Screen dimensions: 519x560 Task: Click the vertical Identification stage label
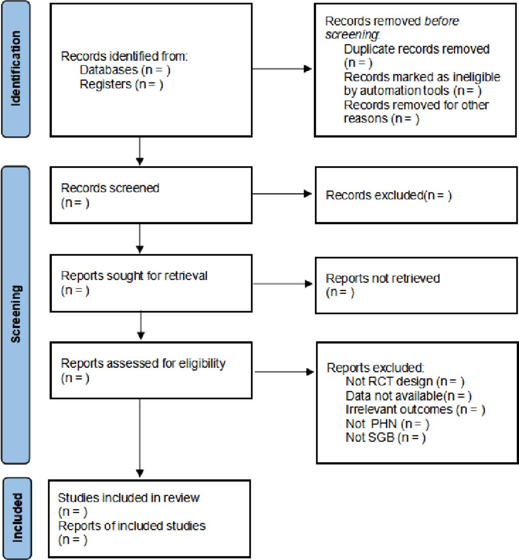[15, 69]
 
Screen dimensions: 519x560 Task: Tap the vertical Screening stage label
[15, 314]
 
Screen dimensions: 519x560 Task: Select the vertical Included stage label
[17, 518]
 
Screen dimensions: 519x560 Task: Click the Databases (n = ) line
[125, 70]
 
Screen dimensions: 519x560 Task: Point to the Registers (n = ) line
[121, 84]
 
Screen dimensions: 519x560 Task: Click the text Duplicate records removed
[417, 49]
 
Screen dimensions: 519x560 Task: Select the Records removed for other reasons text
[416, 112]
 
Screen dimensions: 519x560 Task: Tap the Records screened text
[110, 188]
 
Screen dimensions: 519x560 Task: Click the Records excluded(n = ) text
[389, 195]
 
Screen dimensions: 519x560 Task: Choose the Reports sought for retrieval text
[134, 276]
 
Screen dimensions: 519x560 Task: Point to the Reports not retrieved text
[383, 279]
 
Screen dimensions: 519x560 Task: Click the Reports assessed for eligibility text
[143, 364]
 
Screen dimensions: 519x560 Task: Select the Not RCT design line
[405, 381]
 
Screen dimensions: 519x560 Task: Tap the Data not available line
[408, 395]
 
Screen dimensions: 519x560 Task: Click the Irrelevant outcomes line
[415, 409]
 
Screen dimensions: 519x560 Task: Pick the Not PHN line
[387, 423]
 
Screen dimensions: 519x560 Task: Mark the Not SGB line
[385, 437]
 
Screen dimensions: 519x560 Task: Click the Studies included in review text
[129, 498]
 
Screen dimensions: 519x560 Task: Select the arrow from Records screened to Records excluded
[282, 194]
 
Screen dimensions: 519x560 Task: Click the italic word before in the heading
[442, 21]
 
